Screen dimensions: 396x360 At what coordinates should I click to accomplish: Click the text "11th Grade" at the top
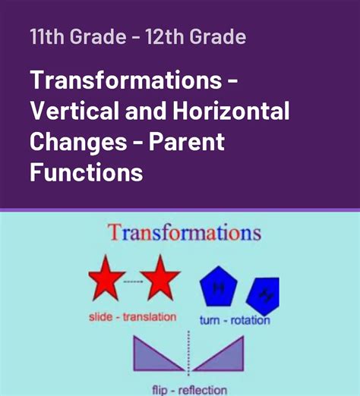pos(70,36)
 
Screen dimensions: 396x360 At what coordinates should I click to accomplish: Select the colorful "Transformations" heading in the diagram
pos(185,234)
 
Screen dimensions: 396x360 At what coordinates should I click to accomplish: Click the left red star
pos(106,278)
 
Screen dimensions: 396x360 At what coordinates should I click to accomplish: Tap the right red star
pos(161,278)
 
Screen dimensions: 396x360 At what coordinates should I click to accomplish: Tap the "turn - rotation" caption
pos(235,320)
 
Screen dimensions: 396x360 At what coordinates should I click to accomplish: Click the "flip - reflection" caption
pos(186,390)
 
